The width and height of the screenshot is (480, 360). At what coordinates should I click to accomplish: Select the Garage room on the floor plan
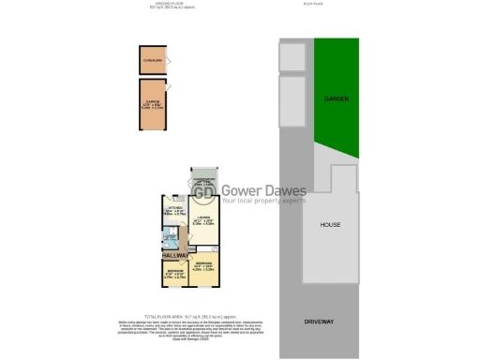click(155, 104)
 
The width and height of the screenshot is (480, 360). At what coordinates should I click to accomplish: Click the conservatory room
click(203, 183)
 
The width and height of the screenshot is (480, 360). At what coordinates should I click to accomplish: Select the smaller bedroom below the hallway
click(171, 275)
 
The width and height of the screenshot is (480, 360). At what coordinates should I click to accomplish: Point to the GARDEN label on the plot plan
click(336, 97)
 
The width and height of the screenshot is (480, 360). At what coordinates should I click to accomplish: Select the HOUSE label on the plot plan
click(330, 225)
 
